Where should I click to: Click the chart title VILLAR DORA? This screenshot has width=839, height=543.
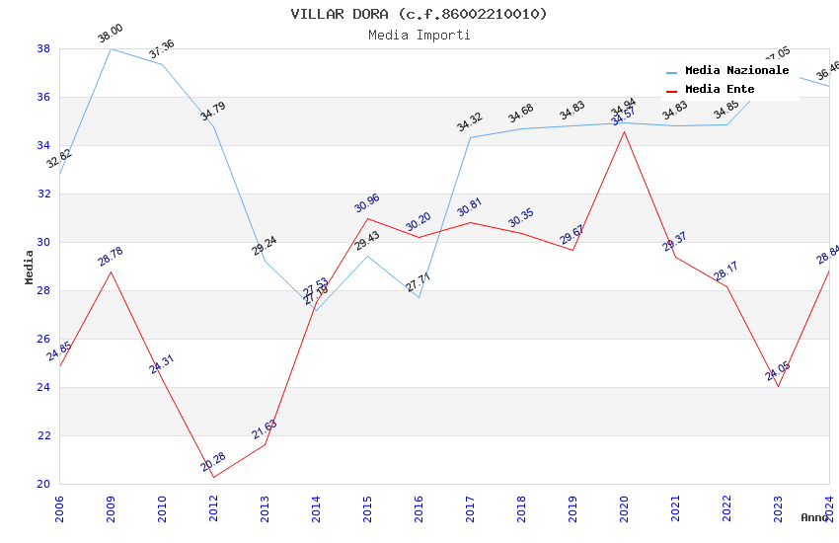[x=419, y=14]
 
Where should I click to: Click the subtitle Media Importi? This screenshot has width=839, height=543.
[x=419, y=35]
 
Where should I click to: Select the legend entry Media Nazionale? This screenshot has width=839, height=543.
[x=736, y=71]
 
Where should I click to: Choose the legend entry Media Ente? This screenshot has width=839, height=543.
[x=720, y=89]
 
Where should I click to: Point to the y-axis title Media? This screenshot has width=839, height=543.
[x=30, y=267]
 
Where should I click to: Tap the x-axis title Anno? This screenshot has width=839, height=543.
[x=814, y=517]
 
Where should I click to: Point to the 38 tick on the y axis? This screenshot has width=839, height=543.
[x=43, y=48]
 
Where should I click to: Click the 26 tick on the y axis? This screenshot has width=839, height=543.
[x=43, y=339]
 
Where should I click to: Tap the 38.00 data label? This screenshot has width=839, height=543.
[x=110, y=35]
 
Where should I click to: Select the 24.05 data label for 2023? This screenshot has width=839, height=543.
[x=778, y=371]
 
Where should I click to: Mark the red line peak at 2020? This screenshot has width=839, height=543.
[x=624, y=131]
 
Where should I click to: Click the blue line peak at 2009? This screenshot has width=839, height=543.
[x=111, y=48]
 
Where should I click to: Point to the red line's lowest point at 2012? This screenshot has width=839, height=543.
[x=213, y=477]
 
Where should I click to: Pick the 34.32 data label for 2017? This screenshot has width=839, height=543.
[x=469, y=123]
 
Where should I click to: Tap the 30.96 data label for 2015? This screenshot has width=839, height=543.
[x=366, y=203]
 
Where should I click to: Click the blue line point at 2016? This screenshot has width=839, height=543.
[x=419, y=297]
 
